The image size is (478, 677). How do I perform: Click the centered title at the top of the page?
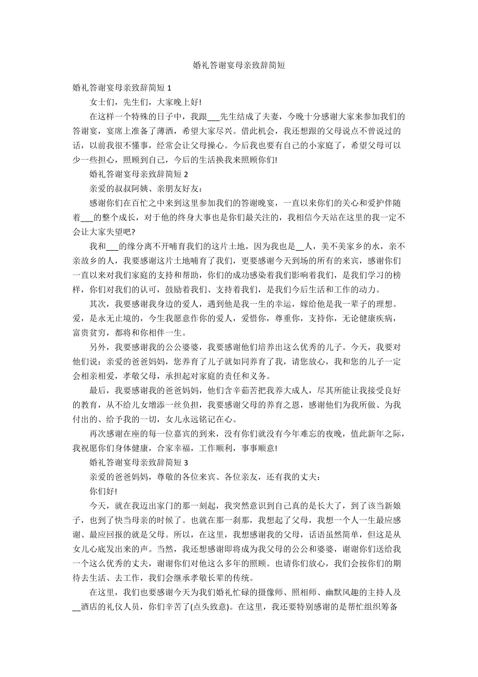coord(238,65)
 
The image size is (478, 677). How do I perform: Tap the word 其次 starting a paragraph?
coord(98,304)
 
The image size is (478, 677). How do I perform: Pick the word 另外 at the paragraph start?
coord(98,347)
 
